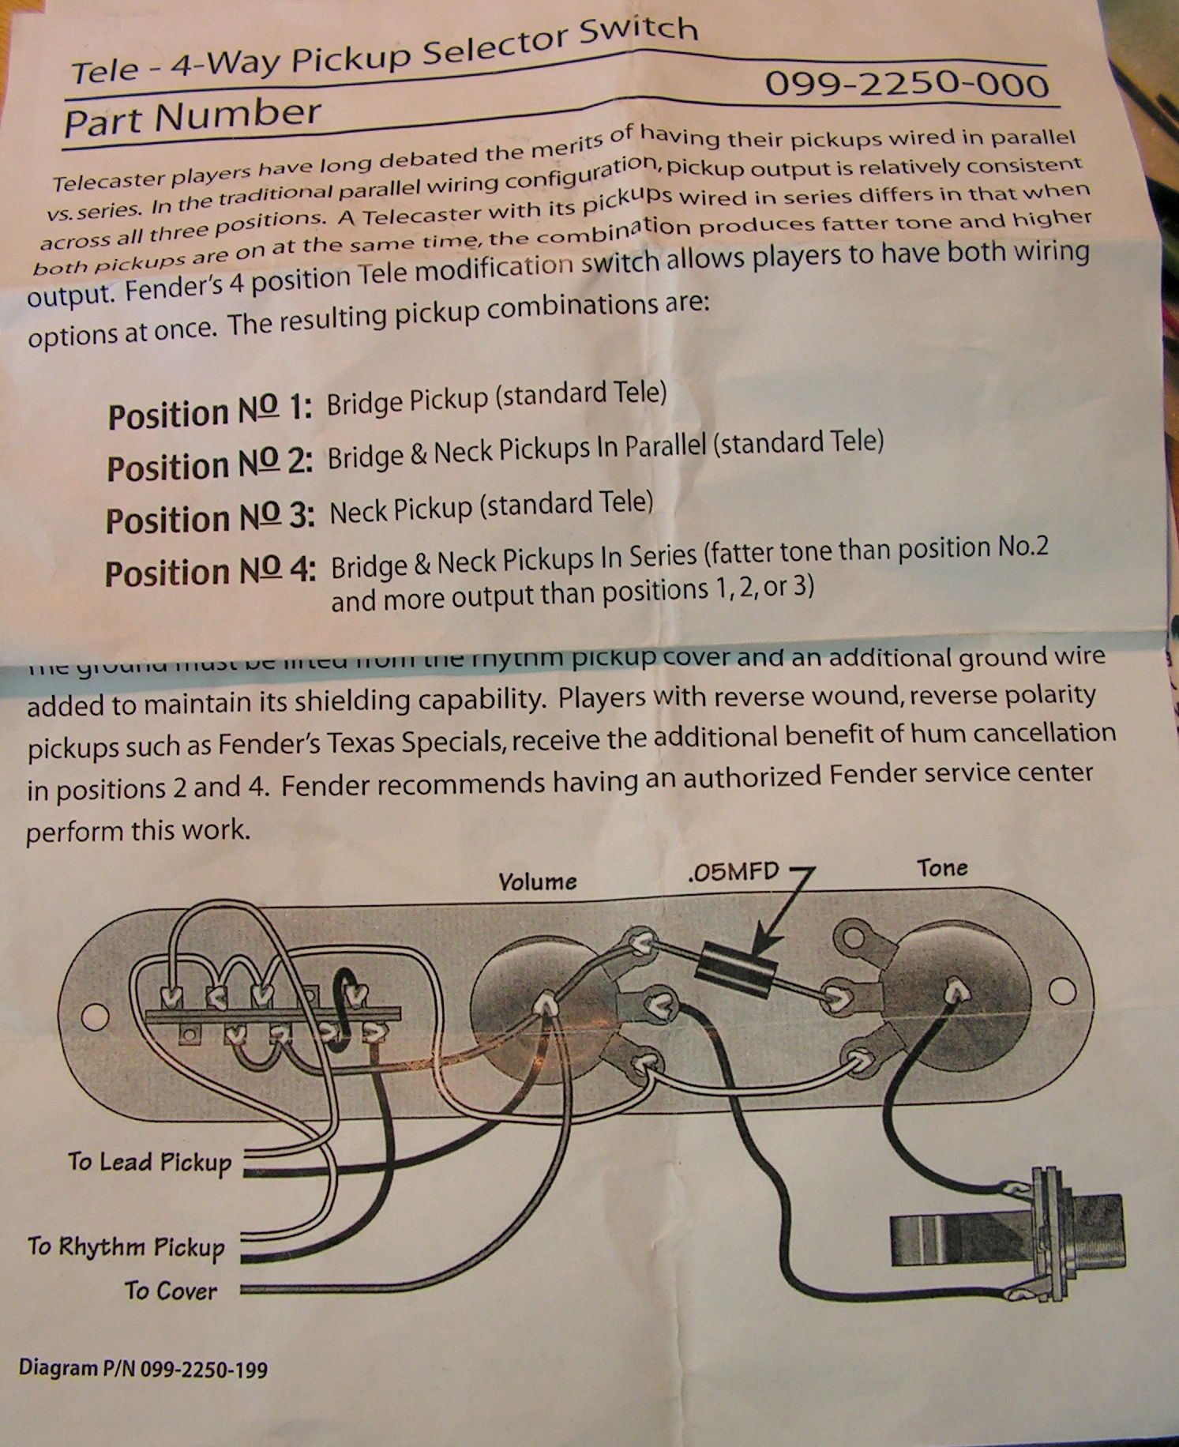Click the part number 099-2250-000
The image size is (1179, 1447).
(x=907, y=84)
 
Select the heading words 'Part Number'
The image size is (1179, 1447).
(x=192, y=118)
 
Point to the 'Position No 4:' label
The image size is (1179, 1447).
(x=210, y=571)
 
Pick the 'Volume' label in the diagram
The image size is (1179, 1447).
(x=537, y=880)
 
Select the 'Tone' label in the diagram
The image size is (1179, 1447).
(x=942, y=868)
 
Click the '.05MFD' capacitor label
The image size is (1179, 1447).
(x=733, y=872)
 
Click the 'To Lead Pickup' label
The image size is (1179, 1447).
(x=149, y=1162)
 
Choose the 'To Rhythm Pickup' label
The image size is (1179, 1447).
(x=126, y=1246)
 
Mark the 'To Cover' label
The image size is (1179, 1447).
(x=171, y=1291)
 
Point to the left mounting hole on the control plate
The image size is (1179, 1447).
(x=96, y=1017)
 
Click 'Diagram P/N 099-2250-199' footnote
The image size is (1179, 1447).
(x=143, y=1368)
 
